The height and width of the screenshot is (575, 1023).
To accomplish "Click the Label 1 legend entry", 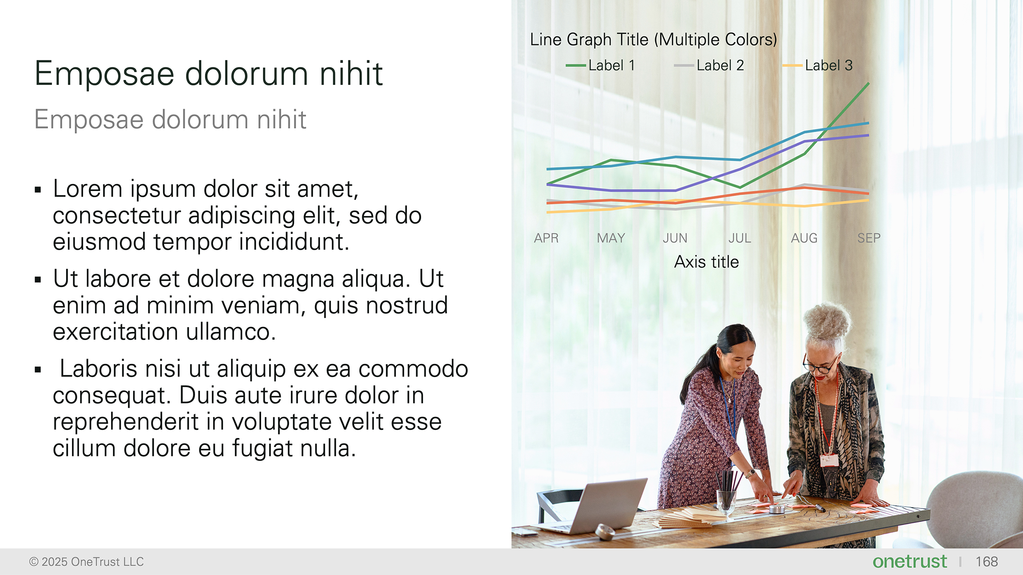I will (601, 66).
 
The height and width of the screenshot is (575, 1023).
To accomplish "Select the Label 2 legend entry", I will (710, 66).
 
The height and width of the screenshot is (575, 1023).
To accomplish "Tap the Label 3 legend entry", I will (818, 66).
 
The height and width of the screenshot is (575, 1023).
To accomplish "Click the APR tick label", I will (546, 238).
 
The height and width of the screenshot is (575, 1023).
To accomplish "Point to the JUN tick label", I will (675, 238).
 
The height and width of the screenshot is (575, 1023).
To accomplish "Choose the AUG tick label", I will (804, 238).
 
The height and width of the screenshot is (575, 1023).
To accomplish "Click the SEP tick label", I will (869, 238).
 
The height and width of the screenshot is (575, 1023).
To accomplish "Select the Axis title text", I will (707, 262).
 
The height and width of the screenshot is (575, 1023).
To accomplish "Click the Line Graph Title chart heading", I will (654, 40).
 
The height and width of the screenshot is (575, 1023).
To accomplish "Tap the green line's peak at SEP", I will (868, 84).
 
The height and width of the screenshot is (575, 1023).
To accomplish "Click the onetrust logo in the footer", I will (909, 562).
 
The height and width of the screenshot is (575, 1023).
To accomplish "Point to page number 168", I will (987, 562).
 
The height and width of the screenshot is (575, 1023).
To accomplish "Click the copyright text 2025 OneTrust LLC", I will (86, 562).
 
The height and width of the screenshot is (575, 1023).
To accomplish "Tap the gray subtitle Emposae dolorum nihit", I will (170, 120).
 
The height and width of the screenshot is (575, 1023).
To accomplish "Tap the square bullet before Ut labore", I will (38, 280).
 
